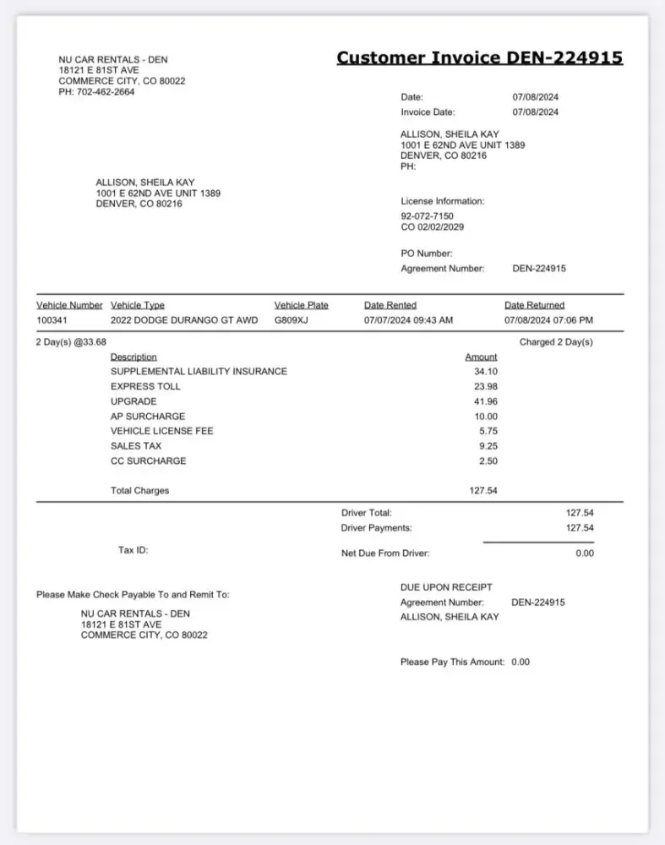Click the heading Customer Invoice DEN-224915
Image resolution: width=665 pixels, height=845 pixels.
[x=480, y=57]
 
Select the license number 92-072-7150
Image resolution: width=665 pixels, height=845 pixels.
[x=427, y=216]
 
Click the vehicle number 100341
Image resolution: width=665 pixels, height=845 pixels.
[x=56, y=320]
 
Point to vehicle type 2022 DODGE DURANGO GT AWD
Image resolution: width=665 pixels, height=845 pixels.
[x=184, y=320]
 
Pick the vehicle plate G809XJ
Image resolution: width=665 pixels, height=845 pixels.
[x=292, y=320]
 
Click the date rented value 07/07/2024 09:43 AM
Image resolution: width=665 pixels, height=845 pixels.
[x=408, y=320]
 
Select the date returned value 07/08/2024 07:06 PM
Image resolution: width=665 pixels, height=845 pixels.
[x=548, y=320]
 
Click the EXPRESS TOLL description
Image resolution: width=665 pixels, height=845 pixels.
[x=145, y=386]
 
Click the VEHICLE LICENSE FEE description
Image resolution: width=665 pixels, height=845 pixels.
[x=161, y=431]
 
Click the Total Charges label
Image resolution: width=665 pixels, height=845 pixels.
[x=139, y=491]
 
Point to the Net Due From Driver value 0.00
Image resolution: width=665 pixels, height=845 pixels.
[x=585, y=553]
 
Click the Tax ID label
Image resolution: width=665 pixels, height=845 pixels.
[x=133, y=550]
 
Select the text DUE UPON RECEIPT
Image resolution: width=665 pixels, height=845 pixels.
[x=446, y=587]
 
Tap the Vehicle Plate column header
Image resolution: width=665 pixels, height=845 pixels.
[x=301, y=305]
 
